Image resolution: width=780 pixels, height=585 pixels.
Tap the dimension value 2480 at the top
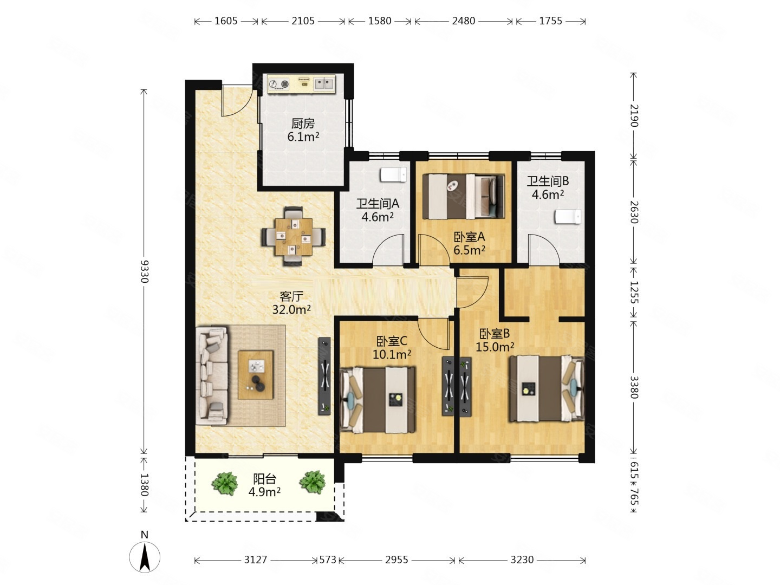(x=463, y=21)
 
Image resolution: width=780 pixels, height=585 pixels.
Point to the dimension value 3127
(x=255, y=560)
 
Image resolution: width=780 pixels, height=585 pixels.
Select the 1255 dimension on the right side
(x=634, y=292)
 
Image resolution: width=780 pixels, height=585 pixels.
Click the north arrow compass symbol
(x=144, y=556)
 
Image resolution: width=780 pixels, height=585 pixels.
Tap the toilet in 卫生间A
(x=393, y=175)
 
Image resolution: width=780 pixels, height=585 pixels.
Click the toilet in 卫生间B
(x=568, y=217)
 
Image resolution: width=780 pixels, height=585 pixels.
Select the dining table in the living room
(x=294, y=237)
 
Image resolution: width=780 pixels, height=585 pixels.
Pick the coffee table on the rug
(x=256, y=375)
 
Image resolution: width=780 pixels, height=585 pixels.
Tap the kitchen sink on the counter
(x=324, y=84)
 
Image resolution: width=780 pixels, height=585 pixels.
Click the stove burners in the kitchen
(x=278, y=84)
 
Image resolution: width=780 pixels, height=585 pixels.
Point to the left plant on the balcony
(x=225, y=483)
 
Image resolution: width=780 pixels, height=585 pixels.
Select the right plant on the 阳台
(x=313, y=482)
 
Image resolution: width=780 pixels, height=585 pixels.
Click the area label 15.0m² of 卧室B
(x=495, y=347)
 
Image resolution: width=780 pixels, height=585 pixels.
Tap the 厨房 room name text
(x=303, y=123)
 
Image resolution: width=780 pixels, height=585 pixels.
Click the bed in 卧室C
(x=378, y=400)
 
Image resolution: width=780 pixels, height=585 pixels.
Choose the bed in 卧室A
(x=463, y=197)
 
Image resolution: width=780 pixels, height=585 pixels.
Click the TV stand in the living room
(x=324, y=376)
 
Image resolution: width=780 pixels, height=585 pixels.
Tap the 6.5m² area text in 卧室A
(x=469, y=250)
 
